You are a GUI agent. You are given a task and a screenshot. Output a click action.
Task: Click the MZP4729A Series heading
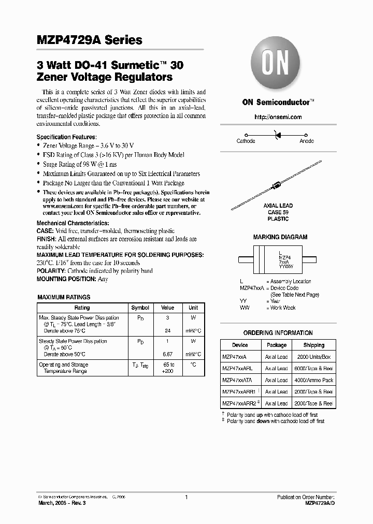90,40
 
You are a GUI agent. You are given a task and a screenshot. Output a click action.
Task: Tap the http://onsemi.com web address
278,118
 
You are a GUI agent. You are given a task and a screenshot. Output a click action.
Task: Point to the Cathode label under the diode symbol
246,141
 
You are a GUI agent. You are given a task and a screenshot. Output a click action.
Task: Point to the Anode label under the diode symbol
307,141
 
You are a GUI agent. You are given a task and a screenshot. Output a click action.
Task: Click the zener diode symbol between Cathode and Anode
277,134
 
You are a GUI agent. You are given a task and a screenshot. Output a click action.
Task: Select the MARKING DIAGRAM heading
280,237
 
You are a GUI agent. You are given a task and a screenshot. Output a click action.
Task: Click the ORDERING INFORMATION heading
278,333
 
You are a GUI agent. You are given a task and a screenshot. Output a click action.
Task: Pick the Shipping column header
314,345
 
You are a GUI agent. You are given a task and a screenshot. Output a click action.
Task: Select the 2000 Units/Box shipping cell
314,357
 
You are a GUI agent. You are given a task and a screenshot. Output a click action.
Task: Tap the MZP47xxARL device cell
237,369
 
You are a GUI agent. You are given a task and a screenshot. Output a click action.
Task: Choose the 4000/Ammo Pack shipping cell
314,380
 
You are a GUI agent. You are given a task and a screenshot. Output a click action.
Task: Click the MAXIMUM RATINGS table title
64,297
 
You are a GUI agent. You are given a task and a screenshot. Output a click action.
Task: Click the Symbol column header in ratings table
140,308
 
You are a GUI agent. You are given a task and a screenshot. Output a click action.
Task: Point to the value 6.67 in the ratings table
167,354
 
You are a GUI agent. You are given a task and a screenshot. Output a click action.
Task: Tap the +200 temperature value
167,372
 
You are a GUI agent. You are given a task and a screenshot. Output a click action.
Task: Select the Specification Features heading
66,137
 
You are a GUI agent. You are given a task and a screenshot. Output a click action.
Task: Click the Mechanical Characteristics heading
73,223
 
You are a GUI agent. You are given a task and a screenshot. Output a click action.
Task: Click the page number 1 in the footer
186,497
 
